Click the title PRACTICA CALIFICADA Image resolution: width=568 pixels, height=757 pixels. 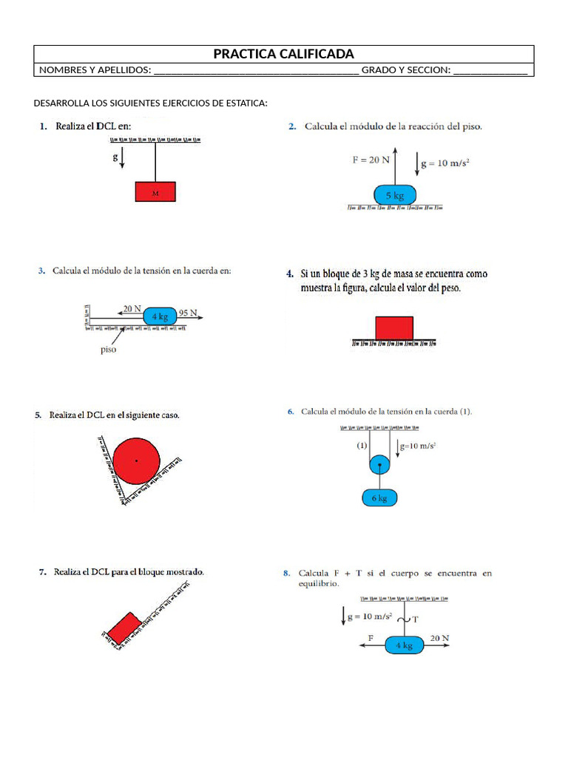point(283,54)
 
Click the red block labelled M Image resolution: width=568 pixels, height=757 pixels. point(155,191)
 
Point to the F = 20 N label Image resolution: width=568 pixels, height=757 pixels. point(371,158)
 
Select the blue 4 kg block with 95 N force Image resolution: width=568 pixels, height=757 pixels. point(160,316)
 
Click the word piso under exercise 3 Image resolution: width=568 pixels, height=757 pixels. point(108,350)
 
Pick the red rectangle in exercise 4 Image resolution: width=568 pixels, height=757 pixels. point(394,327)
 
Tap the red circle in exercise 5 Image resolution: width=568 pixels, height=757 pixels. point(136,461)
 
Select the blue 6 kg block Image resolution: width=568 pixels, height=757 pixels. point(379,498)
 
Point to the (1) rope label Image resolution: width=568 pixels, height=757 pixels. point(362,446)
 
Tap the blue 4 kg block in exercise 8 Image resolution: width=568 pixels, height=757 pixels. point(404,645)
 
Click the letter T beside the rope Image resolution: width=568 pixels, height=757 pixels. point(415,619)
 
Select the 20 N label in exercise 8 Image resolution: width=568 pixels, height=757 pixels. point(439,637)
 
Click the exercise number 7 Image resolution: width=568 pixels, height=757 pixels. point(41,571)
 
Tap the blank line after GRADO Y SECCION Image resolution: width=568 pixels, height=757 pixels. point(490,71)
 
